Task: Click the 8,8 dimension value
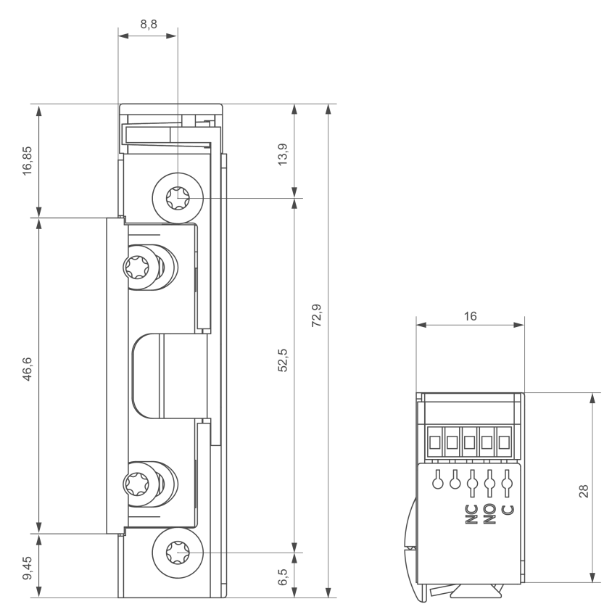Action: click(x=149, y=24)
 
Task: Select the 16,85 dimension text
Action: click(x=28, y=161)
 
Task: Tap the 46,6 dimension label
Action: click(x=28, y=369)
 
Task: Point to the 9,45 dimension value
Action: click(x=28, y=568)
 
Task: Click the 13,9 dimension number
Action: click(x=283, y=154)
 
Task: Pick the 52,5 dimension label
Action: click(x=283, y=360)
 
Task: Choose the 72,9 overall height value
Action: click(x=317, y=315)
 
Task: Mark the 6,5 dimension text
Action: click(x=283, y=577)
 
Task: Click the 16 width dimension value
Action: click(x=471, y=316)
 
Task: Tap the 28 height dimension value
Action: click(x=584, y=491)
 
